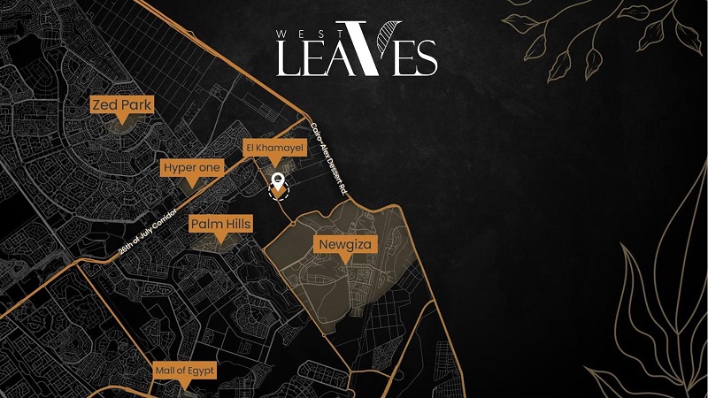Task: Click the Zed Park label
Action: [122, 105]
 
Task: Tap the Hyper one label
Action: [191, 168]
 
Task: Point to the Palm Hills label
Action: [220, 225]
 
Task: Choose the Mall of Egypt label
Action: [184, 370]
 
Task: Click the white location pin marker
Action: [279, 183]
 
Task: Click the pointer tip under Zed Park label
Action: [122, 120]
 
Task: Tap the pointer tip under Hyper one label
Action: [191, 183]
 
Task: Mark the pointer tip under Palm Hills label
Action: [220, 240]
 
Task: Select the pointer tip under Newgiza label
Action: [342, 257]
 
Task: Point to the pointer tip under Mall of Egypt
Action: [184, 385]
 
